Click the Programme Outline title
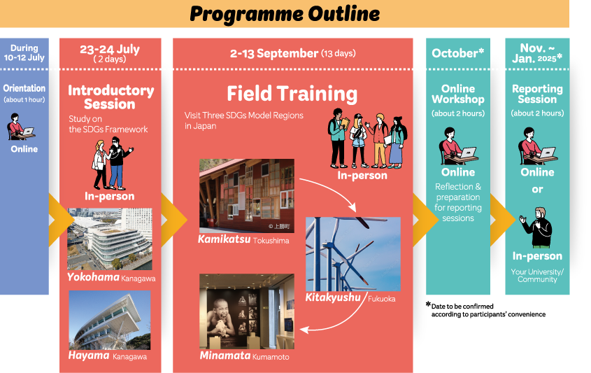(285, 13)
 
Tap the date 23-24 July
(110, 50)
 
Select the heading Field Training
(292, 94)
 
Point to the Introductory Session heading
(111, 97)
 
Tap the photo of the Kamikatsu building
(246, 196)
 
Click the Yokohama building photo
(109, 239)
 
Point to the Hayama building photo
(109, 319)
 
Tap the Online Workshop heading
(458, 94)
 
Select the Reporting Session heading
(537, 94)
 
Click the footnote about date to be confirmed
(488, 310)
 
